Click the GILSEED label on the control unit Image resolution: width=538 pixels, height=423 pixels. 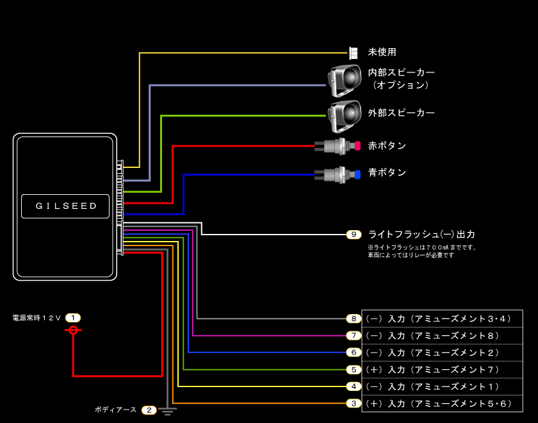pos(65,206)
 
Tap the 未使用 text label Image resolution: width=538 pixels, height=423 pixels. pos(382,52)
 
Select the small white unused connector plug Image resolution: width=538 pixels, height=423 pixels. pos(354,53)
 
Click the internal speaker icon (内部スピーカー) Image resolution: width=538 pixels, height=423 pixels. pos(345,79)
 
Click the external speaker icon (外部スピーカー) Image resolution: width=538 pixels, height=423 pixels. pos(345,113)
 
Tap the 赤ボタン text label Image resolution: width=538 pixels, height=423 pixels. pos(387,146)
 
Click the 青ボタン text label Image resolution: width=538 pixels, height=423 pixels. pos(387,173)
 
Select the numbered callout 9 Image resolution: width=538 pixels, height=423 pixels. pos(354,235)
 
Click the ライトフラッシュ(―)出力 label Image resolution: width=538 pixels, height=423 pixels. pos(421,235)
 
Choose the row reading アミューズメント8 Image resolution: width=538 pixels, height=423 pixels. pos(442,336)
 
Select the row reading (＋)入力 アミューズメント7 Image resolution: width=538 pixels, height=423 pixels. pos(442,370)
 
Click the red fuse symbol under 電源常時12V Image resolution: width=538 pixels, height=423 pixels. pos(73,330)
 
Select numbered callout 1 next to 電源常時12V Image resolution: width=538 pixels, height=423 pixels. pos(73,318)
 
